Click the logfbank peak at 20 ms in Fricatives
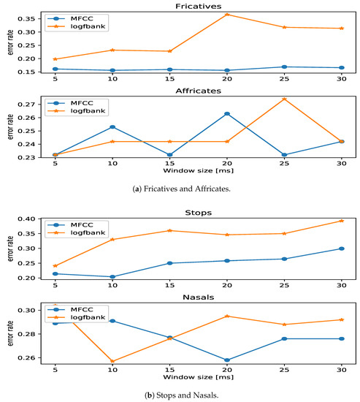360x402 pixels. tap(227, 15)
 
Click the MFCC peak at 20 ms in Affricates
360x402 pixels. tap(227, 114)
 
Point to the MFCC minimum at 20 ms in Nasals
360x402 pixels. tap(227, 360)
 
